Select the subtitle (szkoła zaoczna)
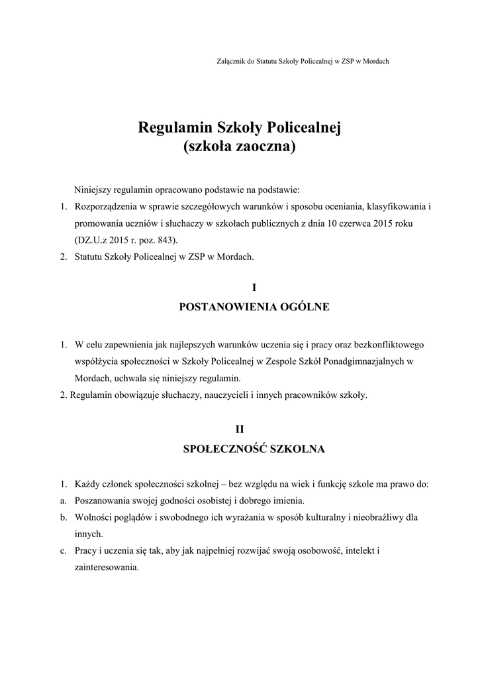click(x=239, y=147)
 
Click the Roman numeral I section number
click(x=254, y=288)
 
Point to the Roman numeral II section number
click(x=254, y=430)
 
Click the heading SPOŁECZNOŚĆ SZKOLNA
click(x=254, y=449)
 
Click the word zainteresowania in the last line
click(x=106, y=568)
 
